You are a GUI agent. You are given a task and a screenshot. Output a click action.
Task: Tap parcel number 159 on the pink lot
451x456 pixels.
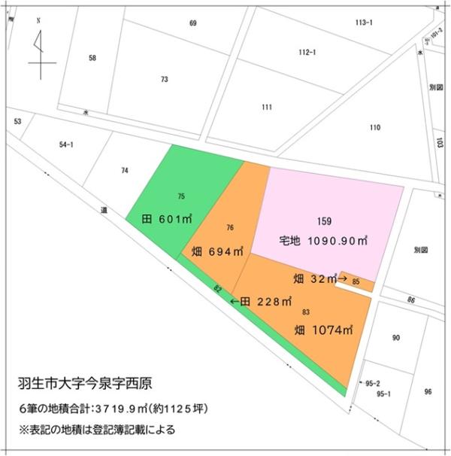click(324, 221)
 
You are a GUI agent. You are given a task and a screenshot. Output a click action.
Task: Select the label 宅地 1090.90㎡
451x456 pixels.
click(323, 242)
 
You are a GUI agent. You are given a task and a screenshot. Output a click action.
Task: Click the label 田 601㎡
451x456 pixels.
click(167, 220)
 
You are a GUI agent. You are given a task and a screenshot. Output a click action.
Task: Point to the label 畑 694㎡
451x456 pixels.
click(218, 251)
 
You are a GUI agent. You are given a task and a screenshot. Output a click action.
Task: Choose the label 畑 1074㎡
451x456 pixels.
click(323, 330)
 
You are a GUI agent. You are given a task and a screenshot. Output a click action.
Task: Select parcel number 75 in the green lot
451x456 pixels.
click(181, 196)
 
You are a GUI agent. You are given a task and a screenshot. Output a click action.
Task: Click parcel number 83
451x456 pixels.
click(306, 312)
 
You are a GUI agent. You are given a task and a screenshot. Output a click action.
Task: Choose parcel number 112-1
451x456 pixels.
click(307, 52)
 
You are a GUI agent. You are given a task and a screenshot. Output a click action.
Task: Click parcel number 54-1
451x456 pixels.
click(66, 144)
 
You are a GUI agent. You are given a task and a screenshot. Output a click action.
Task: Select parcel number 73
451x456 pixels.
click(164, 79)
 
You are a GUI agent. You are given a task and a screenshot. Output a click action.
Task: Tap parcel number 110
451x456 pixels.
click(374, 127)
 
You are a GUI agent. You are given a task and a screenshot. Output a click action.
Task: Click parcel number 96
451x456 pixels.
click(428, 391)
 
